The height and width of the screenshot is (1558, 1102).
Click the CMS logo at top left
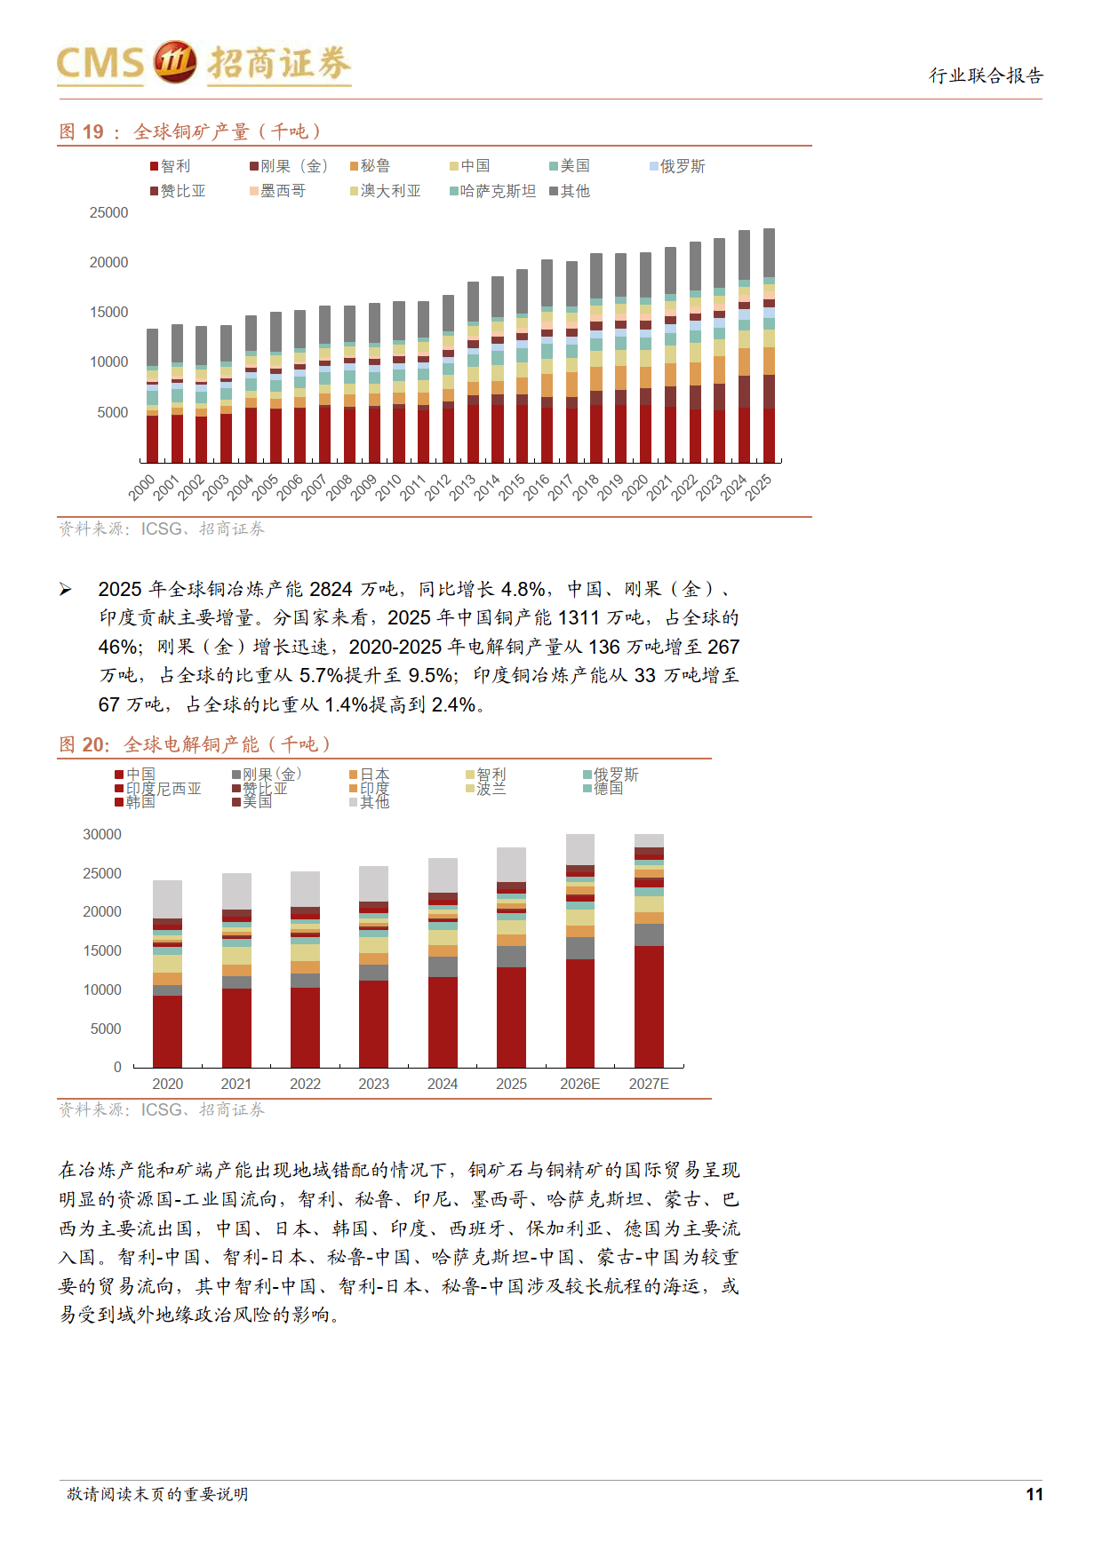tap(204, 64)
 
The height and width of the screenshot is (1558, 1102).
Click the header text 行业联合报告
tap(986, 76)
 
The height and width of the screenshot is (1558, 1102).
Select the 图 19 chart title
tap(191, 131)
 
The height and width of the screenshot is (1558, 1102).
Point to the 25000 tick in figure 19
tap(108, 213)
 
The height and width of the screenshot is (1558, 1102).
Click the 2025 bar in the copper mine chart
tap(769, 346)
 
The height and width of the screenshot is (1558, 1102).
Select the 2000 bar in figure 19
tap(153, 396)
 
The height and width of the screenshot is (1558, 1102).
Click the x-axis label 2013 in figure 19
tap(463, 488)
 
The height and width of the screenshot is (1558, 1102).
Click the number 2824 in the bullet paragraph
tap(331, 589)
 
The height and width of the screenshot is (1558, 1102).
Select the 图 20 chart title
tap(196, 744)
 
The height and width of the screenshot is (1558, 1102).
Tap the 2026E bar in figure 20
tap(580, 950)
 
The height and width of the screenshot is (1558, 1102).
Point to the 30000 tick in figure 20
tap(102, 835)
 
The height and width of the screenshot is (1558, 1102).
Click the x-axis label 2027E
tap(649, 1084)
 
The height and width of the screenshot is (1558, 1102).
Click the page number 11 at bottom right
tap(1034, 1494)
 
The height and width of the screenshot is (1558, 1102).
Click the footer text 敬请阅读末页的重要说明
tap(158, 1494)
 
